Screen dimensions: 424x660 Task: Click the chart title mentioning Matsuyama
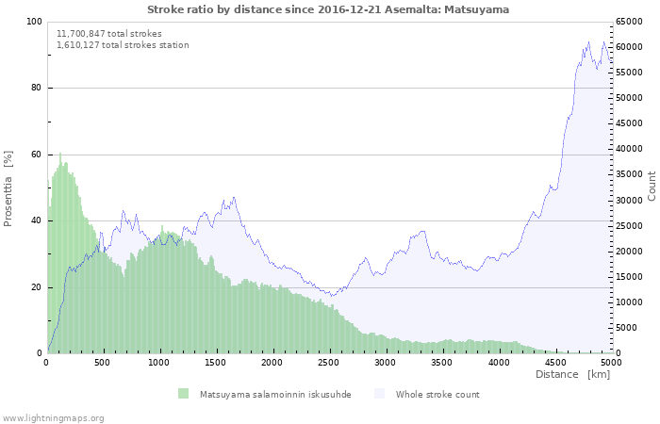click(x=327, y=9)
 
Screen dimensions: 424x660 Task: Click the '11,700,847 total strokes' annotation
click(x=108, y=34)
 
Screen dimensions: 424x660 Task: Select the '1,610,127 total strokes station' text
click(x=123, y=45)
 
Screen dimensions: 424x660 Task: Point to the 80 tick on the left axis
click(x=36, y=89)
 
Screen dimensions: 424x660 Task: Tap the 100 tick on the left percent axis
click(x=34, y=22)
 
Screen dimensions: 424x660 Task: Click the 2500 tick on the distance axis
click(x=329, y=362)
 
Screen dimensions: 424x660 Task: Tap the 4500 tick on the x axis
click(x=554, y=362)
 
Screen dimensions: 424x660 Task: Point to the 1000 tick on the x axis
click(x=159, y=362)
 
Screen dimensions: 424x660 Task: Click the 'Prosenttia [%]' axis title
click(x=8, y=188)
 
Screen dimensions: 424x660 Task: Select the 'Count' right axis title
click(x=652, y=186)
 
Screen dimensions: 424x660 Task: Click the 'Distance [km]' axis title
click(x=572, y=375)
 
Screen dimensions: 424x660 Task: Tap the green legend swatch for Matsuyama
click(x=183, y=394)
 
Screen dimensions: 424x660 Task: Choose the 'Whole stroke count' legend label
click(x=437, y=394)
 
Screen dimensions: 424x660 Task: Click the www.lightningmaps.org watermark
click(x=54, y=417)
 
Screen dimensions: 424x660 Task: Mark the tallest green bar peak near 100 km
click(x=60, y=155)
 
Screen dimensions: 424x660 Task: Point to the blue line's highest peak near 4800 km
click(x=589, y=42)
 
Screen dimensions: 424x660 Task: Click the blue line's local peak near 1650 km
click(x=234, y=198)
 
